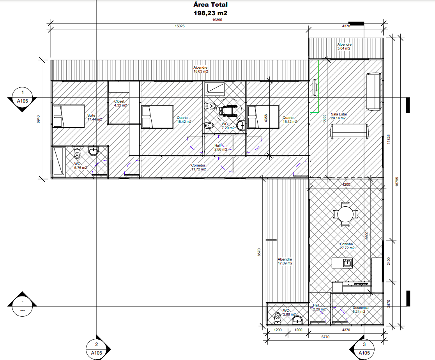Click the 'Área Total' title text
coord(210,5)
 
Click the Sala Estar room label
coord(339,116)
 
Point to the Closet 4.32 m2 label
coord(120,103)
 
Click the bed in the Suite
coord(69,116)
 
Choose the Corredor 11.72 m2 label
coord(198,167)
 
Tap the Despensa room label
coord(361,309)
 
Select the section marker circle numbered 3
coord(364,349)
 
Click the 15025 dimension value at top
coord(179,26)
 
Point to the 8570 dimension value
coord(259,252)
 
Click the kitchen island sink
coord(347,262)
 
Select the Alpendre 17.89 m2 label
coord(285,261)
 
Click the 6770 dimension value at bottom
coord(325,337)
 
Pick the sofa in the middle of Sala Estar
coord(350,131)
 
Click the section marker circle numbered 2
coord(96,349)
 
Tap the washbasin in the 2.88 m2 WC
coord(297,320)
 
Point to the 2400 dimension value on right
coord(388,261)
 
